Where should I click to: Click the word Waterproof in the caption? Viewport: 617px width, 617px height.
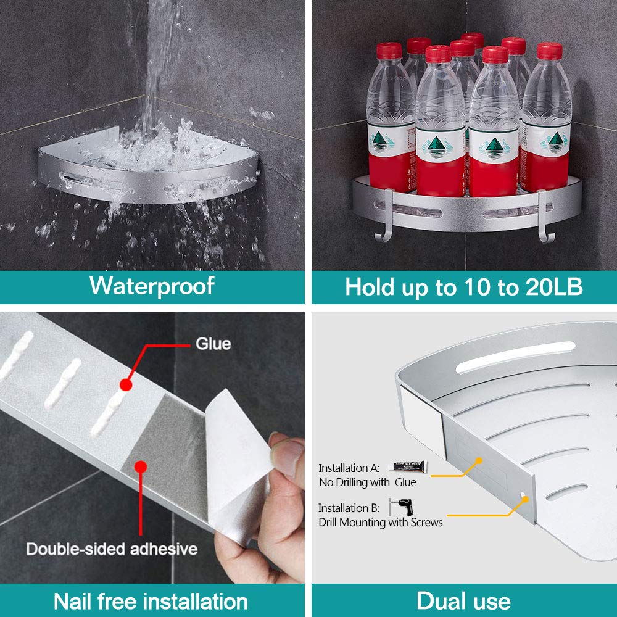[152, 286]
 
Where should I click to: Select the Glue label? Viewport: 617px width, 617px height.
[213, 343]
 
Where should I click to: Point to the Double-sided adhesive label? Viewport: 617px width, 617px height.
[112, 549]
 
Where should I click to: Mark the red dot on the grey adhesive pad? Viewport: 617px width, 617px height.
[143, 467]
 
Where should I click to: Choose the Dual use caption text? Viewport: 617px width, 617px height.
[463, 601]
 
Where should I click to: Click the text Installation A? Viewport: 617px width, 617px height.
[349, 468]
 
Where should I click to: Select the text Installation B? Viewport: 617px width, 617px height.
[349, 508]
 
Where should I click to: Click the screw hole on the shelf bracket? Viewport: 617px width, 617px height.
[524, 495]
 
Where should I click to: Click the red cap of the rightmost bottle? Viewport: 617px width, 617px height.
[549, 51]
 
